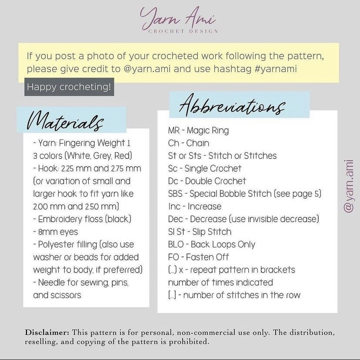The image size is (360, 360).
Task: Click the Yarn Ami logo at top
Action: tap(178, 18)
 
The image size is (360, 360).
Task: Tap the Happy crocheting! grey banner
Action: tap(69, 87)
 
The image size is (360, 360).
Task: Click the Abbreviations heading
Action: tap(232, 105)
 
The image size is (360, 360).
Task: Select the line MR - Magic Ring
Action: tap(198, 130)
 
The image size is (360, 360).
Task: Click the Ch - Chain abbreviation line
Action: tap(189, 143)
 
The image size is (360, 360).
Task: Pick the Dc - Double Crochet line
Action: tap(207, 181)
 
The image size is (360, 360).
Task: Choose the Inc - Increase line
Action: tap(195, 206)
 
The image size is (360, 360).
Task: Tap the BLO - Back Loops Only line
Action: tap(212, 244)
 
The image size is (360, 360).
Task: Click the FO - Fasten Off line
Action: tap(199, 257)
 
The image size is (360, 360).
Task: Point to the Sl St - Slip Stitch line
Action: tap(200, 232)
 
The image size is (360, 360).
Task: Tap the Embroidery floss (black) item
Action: tap(82, 219)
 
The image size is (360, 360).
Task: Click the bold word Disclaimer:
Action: tap(47, 332)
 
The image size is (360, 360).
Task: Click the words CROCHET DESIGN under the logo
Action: tap(183, 31)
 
